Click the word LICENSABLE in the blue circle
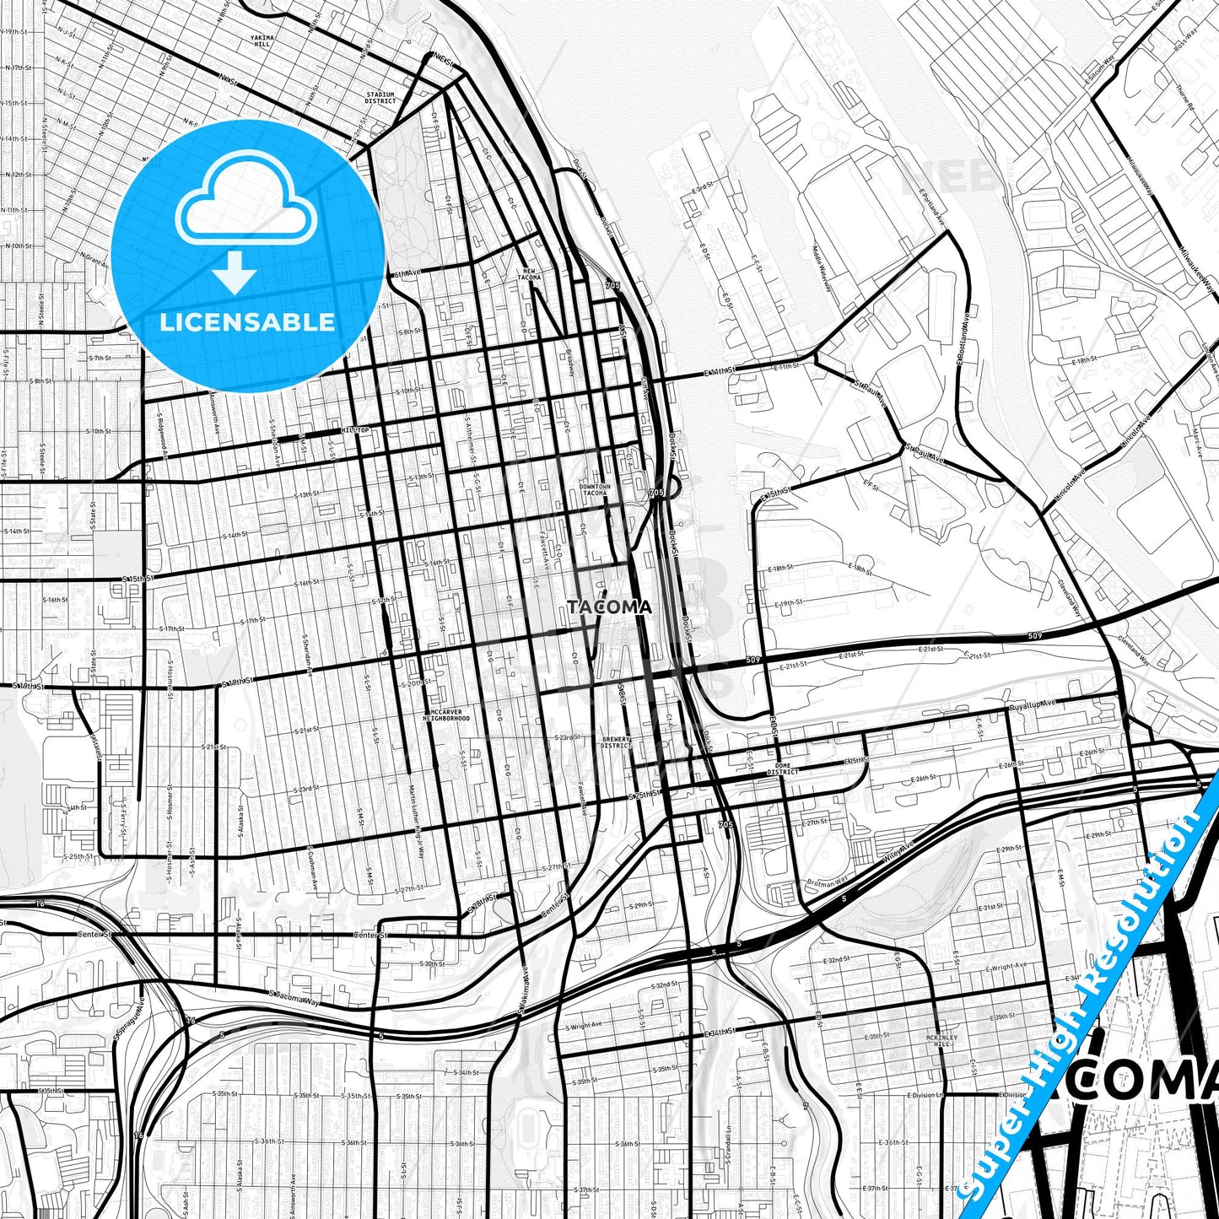(247, 321)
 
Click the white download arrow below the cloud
(235, 272)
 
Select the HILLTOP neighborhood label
(355, 430)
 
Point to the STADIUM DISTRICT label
(380, 98)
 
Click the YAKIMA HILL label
(262, 41)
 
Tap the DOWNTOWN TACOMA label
(594, 489)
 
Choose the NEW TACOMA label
(529, 274)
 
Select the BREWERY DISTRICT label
(616, 742)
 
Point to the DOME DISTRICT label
(783, 769)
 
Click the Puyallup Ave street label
(1033, 704)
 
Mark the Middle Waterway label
(822, 268)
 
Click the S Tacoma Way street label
(294, 997)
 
